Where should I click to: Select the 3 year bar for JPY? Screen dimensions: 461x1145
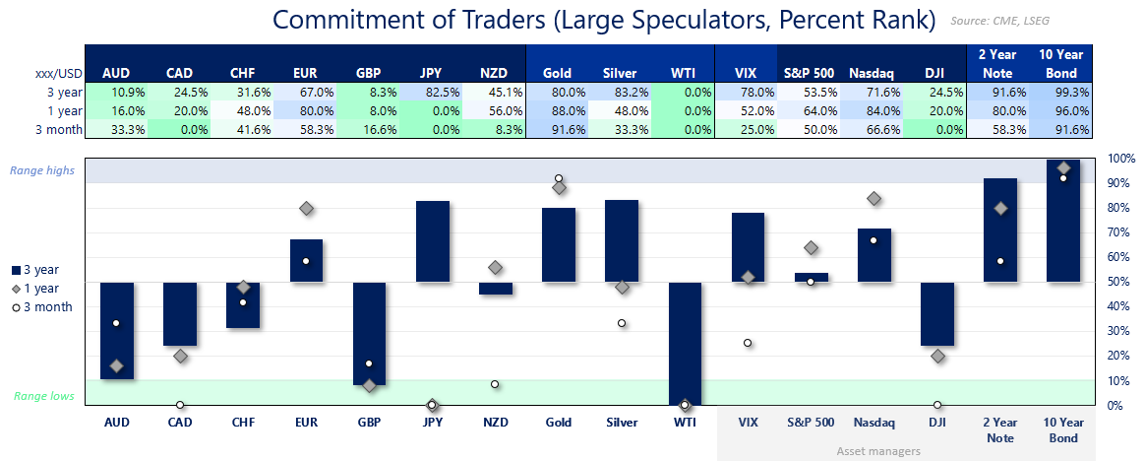tap(433, 242)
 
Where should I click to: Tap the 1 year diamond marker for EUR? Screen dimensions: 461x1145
tap(307, 209)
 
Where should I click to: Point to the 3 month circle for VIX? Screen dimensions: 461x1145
tap(748, 343)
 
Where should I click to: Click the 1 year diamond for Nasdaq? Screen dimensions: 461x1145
tap(874, 199)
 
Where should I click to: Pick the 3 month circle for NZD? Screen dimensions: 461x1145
tap(496, 384)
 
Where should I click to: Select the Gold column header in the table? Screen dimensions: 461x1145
tap(558, 73)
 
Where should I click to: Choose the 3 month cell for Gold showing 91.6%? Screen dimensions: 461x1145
tap(558, 129)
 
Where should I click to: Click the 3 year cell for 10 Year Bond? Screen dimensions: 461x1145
tap(1061, 92)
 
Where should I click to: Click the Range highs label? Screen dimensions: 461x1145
tap(42, 170)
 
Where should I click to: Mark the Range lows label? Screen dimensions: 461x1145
tap(42, 396)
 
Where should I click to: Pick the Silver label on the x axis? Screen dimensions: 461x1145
tap(622, 422)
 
